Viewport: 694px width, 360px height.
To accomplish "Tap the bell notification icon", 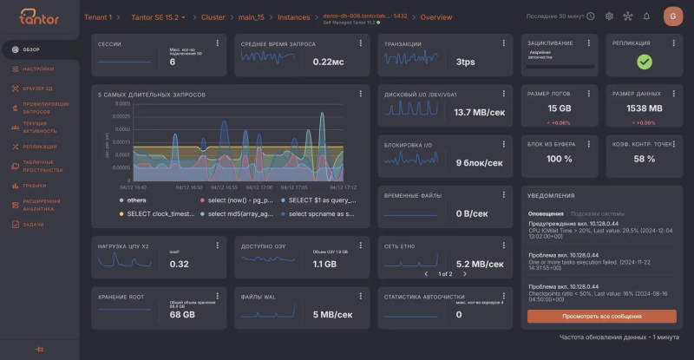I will tap(646, 16).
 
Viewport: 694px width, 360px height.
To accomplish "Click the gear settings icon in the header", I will tap(609, 16).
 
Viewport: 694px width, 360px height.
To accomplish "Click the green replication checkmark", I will tap(644, 62).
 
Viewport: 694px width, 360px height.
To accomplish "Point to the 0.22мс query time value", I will tap(328, 62).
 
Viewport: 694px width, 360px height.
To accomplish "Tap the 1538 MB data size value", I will tap(644, 108).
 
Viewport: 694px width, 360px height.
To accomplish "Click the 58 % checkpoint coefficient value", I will tap(644, 159).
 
